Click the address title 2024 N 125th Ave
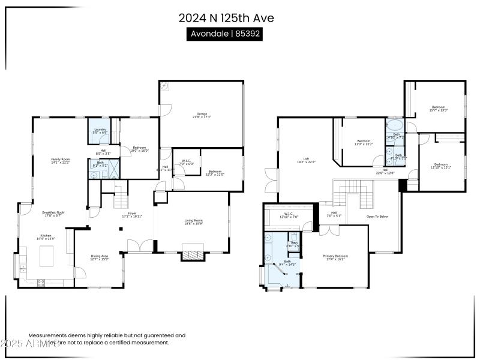(x=226, y=18)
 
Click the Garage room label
(x=202, y=115)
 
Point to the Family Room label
(x=61, y=160)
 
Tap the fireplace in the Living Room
(x=193, y=255)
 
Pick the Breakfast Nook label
(x=53, y=214)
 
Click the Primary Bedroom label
(x=336, y=257)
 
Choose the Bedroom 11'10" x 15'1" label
(x=441, y=166)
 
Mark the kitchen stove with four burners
(x=41, y=281)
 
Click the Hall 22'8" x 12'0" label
(x=385, y=171)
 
